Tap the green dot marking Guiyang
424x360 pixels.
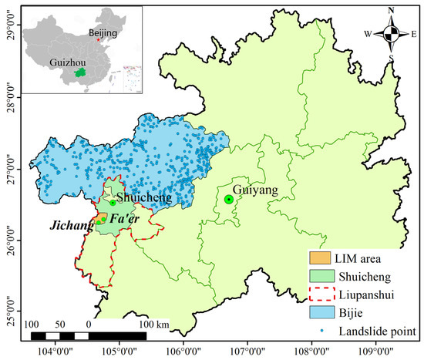tap(229, 200)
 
